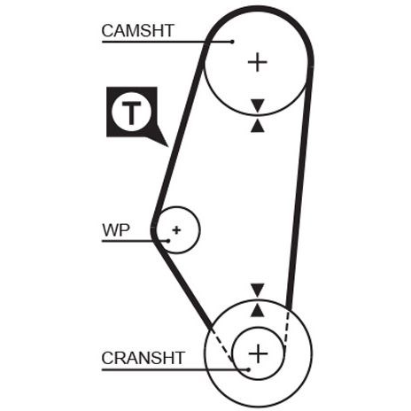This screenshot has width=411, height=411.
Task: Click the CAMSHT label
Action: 137,31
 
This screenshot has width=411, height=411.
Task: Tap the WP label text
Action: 116,230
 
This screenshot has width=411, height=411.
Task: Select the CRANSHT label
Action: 143,358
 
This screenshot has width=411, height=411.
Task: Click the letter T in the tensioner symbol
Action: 131,113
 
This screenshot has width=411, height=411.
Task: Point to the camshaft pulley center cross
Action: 258,62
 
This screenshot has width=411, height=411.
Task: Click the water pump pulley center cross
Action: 176,230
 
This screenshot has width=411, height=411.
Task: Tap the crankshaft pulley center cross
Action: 259,353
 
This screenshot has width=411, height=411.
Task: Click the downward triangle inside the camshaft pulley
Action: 258,105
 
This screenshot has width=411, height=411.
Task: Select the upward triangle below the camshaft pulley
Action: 258,126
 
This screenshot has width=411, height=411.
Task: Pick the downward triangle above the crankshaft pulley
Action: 258,291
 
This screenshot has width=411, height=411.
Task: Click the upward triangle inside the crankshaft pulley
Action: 258,310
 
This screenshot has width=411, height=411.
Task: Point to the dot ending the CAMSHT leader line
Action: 232,42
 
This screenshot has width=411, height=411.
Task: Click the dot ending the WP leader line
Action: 168,241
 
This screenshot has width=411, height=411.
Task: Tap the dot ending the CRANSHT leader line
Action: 249,369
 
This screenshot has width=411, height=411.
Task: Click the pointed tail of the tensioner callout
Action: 167,146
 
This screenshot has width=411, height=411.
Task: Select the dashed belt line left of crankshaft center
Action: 223,345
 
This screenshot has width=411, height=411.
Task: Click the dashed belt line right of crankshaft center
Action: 286,330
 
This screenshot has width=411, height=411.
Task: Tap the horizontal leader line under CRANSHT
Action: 175,369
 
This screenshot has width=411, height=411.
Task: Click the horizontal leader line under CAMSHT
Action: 167,42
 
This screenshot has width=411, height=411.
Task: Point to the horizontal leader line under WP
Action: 135,241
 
